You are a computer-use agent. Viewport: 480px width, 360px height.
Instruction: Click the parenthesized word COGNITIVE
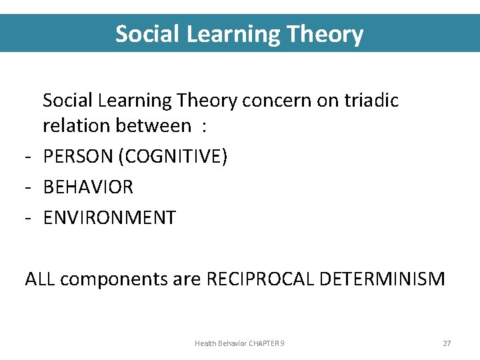pyautogui.click(x=173, y=157)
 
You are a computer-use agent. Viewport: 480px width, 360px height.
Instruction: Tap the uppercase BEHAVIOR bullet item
pyautogui.click(x=88, y=187)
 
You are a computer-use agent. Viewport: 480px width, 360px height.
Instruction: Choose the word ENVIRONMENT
pyautogui.click(x=109, y=218)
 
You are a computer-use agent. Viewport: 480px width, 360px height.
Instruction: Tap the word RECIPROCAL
pyautogui.click(x=261, y=279)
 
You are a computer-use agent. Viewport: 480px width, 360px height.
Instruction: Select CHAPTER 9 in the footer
pyautogui.click(x=267, y=343)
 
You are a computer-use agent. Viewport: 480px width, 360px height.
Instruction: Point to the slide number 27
pyautogui.click(x=447, y=343)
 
